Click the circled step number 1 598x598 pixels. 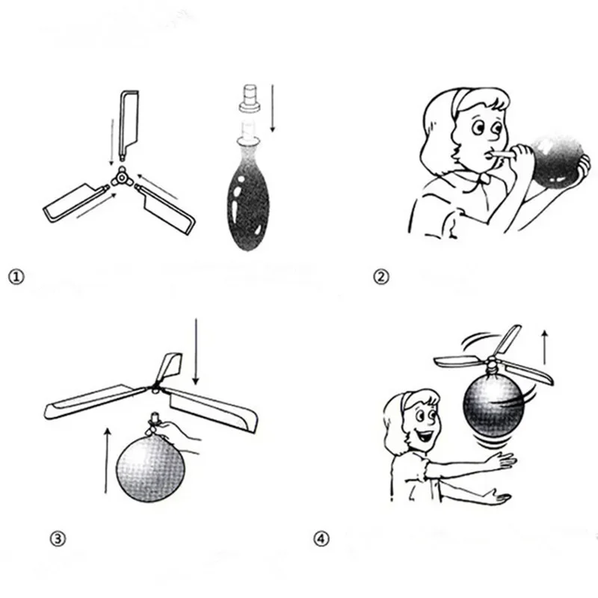click(16, 277)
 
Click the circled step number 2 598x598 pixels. click(381, 277)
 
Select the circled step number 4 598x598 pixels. click(322, 538)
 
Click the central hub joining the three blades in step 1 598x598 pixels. click(120, 177)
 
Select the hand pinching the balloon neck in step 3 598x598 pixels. click(179, 434)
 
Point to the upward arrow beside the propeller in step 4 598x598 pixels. click(546, 347)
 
